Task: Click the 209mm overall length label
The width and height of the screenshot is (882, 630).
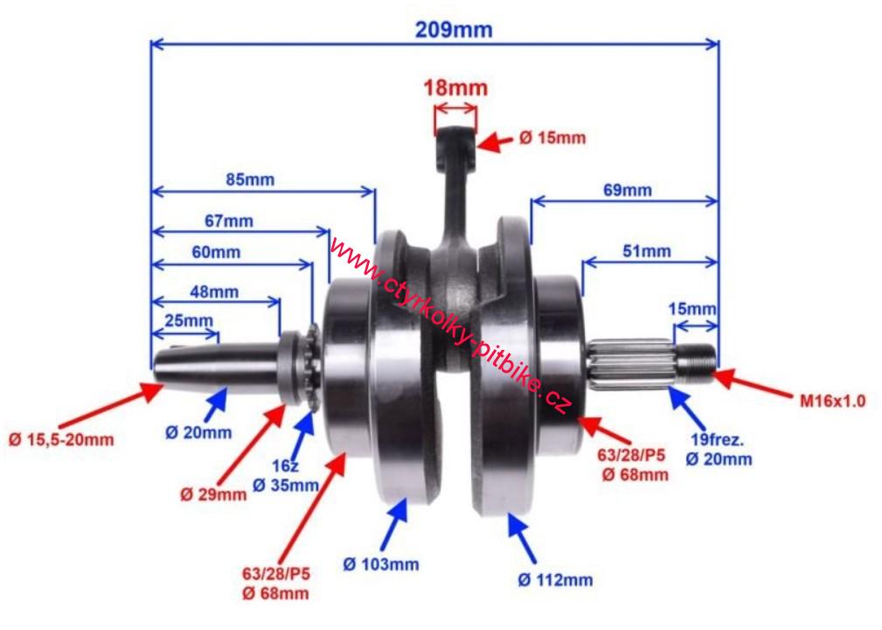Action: coord(454,29)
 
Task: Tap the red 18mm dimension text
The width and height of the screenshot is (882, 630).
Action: coord(455,87)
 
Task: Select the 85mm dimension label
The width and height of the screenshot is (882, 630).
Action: coord(250,179)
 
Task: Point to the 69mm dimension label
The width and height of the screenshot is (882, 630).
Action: coord(628,190)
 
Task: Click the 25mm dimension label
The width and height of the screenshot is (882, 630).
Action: coord(189,320)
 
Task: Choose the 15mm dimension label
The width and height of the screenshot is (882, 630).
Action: coord(692,309)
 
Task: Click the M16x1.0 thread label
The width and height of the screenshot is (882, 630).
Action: coord(832,401)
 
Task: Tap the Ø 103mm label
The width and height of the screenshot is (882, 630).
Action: coord(381,563)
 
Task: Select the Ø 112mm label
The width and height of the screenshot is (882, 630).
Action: coord(555,579)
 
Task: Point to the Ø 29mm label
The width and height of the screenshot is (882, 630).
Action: coord(213,494)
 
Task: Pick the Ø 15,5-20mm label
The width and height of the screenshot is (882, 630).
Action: coord(60,439)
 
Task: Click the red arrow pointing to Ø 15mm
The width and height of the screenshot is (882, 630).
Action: coord(495,142)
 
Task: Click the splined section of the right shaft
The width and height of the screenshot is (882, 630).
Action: coord(631,363)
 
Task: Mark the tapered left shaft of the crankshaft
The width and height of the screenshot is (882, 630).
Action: coord(217,366)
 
